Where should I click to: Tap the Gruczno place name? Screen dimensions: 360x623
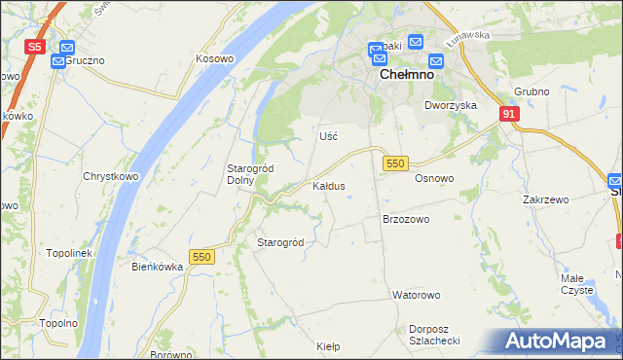coord(85,60)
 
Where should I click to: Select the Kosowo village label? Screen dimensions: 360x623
coord(215,58)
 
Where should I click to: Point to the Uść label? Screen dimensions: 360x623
coord(328,136)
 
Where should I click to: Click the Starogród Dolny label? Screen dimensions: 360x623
coord(250,174)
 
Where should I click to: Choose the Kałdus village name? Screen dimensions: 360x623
coord(329,185)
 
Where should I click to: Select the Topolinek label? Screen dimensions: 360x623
coord(69,253)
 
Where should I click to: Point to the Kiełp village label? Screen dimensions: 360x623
coord(329,345)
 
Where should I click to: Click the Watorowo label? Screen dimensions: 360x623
coord(417,294)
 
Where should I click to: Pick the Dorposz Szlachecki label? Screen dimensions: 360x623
coord(434,334)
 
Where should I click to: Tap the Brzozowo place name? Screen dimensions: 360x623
coord(406,219)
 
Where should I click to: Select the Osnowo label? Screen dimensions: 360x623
coord(434,178)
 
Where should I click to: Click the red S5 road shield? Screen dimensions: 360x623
coord(35,47)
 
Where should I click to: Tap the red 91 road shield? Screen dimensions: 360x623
coord(510,114)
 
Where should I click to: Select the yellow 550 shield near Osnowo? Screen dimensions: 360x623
coord(394,164)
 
